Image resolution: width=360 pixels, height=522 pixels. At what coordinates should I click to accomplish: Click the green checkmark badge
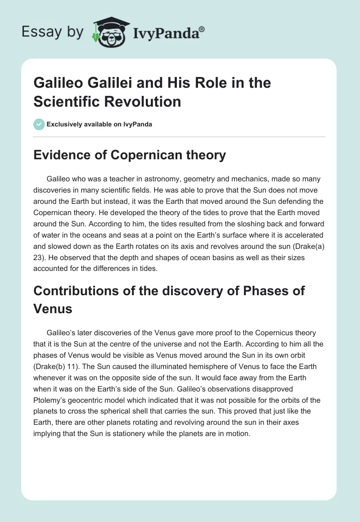pyautogui.click(x=39, y=124)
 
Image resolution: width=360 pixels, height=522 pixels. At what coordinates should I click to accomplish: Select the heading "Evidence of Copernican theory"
pyautogui.click(x=130, y=155)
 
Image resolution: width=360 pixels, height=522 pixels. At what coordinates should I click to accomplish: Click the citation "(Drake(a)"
pyautogui.click(x=310, y=246)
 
